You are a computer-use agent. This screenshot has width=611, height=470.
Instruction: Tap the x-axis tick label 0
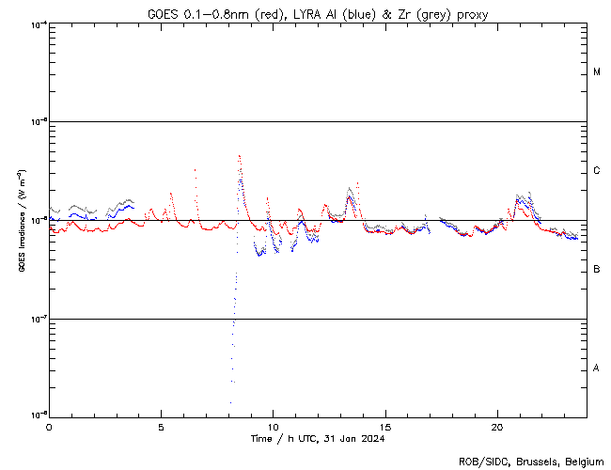[49, 427]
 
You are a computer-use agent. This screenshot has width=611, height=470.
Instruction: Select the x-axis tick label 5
[161, 427]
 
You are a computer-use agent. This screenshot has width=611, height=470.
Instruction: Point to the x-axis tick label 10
[273, 427]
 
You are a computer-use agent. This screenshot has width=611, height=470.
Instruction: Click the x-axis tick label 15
[385, 427]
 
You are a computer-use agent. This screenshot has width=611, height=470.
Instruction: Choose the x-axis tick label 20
[497, 427]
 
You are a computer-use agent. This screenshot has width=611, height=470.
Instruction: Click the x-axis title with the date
[318, 439]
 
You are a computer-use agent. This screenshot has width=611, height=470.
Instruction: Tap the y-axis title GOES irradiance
[20, 220]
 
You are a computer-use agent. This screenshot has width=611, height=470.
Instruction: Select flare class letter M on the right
[597, 72]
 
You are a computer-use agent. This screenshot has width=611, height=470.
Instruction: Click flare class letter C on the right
[597, 171]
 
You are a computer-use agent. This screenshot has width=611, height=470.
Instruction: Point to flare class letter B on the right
[597, 270]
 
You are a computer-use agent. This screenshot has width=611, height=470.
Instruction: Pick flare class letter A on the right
[597, 368]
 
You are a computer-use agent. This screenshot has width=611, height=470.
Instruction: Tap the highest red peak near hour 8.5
[240, 156]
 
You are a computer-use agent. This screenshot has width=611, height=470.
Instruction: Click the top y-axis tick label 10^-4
[35, 23]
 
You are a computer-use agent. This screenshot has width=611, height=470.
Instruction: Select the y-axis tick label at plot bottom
[35, 415]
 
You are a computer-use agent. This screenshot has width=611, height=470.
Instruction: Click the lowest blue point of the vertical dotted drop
[230, 403]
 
